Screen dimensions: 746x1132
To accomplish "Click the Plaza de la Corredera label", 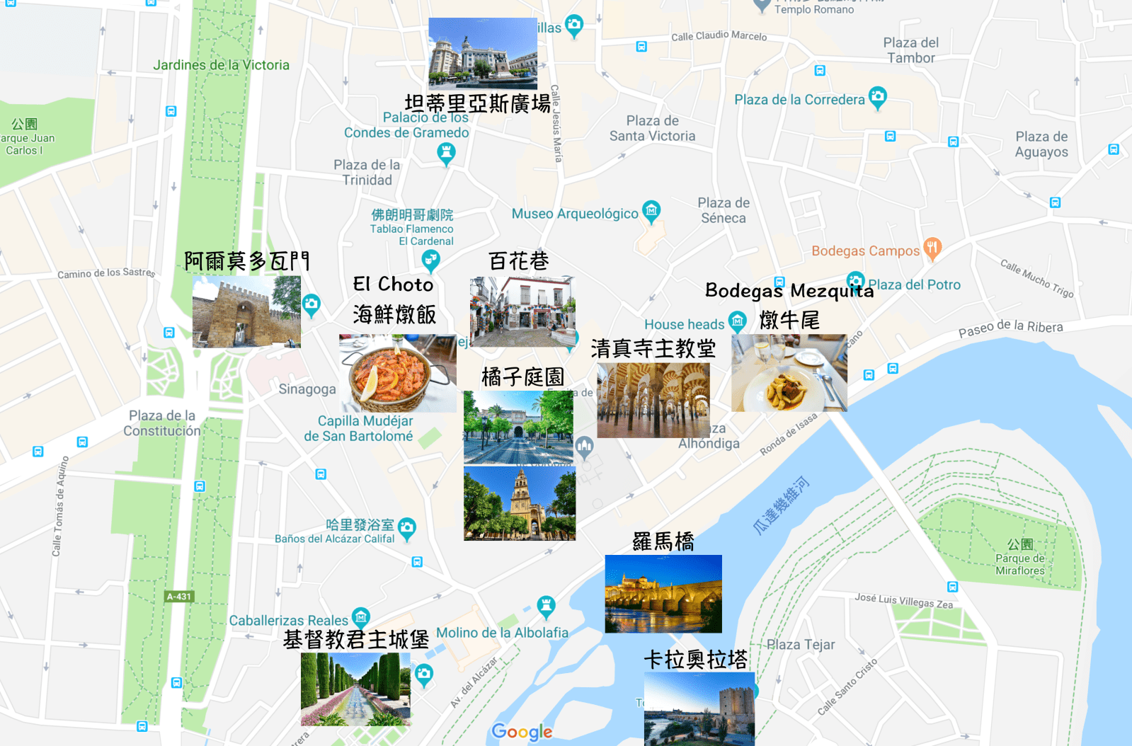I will click(799, 100).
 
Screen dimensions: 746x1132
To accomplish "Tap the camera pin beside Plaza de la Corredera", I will click(877, 96).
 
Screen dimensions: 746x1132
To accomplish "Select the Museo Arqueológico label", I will click(575, 214).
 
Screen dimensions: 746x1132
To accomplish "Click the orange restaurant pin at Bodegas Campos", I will click(932, 248).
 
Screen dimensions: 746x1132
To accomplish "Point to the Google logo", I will click(522, 732).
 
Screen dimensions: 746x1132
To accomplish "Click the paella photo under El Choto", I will click(398, 373).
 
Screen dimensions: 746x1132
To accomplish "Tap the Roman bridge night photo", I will click(663, 593).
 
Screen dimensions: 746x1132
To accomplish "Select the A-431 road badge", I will click(179, 597).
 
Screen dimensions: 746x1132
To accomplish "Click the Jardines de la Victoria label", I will click(222, 65).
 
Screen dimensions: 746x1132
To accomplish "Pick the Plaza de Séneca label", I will click(724, 210).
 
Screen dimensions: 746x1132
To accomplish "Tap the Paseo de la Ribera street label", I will click(1010, 327).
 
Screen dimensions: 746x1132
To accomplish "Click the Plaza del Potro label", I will click(914, 285).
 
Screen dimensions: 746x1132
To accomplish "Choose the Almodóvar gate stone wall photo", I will click(246, 311).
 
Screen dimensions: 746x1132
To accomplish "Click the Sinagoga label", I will click(307, 389).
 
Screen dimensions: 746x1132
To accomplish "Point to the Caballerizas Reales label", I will click(289, 621).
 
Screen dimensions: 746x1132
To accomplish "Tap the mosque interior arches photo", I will click(653, 400).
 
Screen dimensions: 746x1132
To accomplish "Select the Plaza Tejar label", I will click(801, 645).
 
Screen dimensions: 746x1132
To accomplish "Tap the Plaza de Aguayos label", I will click(1041, 144).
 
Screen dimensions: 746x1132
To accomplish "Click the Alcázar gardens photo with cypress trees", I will click(355, 689).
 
